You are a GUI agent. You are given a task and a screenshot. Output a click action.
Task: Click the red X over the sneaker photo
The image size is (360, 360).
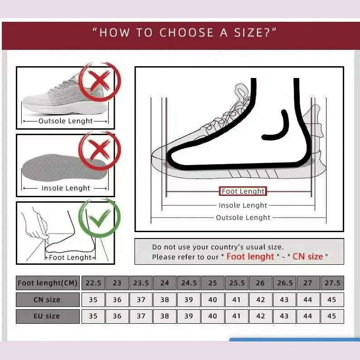(x=99, y=81)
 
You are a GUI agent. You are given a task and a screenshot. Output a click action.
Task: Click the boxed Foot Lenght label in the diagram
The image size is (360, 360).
(x=243, y=191)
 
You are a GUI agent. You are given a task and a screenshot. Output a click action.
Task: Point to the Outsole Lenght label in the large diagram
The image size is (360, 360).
(x=243, y=218)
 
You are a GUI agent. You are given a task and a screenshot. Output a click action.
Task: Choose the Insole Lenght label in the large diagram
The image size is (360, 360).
(x=243, y=205)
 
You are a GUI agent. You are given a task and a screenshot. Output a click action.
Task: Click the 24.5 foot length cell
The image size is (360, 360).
(x=189, y=283)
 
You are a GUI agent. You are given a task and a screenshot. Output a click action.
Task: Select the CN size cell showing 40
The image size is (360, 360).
(x=213, y=300)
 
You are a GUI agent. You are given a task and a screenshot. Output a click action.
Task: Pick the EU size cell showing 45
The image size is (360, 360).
(x=332, y=316)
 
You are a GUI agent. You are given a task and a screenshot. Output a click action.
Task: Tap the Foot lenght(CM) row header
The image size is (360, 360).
(x=48, y=283)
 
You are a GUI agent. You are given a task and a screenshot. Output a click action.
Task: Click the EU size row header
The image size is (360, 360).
(x=48, y=316)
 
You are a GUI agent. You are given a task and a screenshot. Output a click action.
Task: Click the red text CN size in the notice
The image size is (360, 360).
(x=308, y=257)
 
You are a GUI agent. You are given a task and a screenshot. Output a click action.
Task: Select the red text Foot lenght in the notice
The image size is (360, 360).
(x=250, y=257)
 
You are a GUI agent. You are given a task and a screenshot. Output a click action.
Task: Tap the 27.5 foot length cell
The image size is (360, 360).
(x=332, y=283)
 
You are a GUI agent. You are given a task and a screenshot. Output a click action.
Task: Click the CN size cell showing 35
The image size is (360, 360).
(x=93, y=300)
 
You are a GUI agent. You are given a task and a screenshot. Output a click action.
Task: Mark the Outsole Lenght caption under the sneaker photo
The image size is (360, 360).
(x=65, y=121)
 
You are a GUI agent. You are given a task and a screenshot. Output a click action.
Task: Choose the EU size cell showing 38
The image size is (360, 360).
(x=165, y=316)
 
